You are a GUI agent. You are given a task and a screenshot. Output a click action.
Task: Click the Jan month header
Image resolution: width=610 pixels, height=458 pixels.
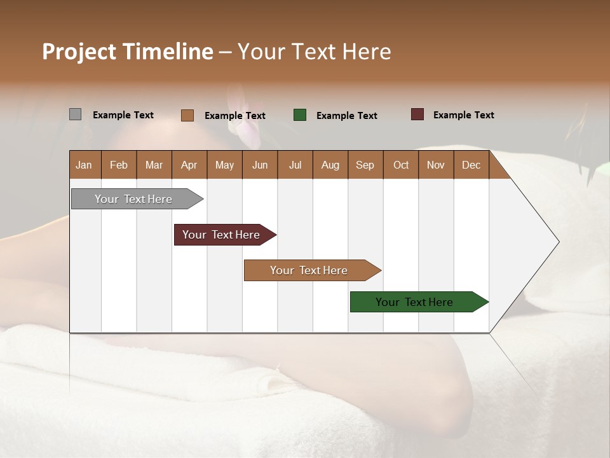(x=85, y=165)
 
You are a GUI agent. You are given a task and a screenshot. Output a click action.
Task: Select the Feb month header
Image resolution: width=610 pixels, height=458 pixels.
(x=119, y=165)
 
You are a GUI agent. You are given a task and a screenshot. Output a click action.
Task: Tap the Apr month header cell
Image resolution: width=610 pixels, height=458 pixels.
(x=189, y=165)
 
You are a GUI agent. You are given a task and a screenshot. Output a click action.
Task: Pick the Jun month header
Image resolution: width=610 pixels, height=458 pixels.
(x=260, y=165)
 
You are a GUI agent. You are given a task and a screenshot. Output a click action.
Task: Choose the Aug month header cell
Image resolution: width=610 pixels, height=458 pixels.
(x=330, y=165)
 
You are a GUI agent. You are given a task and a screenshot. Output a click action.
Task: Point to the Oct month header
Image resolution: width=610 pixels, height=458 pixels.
(x=401, y=165)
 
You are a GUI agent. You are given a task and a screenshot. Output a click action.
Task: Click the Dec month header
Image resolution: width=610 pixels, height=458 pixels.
(x=471, y=165)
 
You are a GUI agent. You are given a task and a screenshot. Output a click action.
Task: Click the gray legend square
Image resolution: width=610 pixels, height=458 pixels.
(x=75, y=114)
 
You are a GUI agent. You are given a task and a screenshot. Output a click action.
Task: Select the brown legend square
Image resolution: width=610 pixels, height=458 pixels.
(x=187, y=115)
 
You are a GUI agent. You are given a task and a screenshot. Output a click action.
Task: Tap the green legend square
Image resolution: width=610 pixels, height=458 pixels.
(x=300, y=115)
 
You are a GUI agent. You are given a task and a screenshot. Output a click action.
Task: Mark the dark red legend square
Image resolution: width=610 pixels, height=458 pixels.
(x=417, y=114)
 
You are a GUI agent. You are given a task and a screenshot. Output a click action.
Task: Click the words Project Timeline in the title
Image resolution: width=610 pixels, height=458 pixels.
(x=128, y=52)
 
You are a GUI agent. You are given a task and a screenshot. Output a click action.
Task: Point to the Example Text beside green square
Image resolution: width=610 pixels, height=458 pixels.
(x=346, y=116)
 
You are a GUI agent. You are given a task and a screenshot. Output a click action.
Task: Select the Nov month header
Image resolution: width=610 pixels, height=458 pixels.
(x=436, y=165)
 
